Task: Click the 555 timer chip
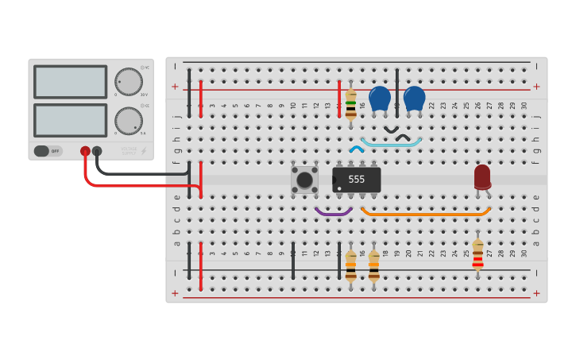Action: point(357,180)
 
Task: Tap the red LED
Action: point(482,176)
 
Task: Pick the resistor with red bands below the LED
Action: point(477,254)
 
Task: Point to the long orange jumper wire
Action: point(426,214)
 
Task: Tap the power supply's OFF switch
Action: point(48,151)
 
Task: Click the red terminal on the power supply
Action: point(85,151)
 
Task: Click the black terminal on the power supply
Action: point(97,151)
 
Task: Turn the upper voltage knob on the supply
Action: point(128,82)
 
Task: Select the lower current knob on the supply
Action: point(128,121)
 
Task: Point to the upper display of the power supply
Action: point(70,82)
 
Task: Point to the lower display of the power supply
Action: point(70,120)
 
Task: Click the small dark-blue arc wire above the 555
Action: point(357,148)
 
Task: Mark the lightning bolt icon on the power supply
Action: point(144,150)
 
